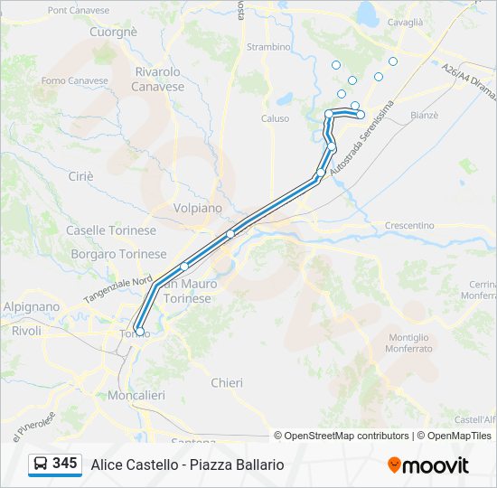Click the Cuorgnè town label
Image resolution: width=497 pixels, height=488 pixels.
coord(113,32)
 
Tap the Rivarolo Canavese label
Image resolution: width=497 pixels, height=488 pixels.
coord(158,80)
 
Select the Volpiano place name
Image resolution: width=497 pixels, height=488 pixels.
coord(197,208)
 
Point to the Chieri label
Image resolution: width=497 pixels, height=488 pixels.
coord(227,383)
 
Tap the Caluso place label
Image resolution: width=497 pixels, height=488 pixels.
coord(276,118)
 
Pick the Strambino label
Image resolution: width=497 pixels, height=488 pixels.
coord(269,47)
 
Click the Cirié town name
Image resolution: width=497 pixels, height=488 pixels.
coord(80,176)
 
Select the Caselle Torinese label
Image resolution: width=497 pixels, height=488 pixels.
coord(110,230)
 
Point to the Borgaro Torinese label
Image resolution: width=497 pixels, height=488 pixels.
coord(118,255)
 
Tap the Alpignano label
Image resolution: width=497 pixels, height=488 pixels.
coord(33,307)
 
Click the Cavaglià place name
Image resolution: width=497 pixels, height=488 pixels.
coord(406,23)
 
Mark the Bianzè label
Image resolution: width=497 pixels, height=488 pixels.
coord(424,116)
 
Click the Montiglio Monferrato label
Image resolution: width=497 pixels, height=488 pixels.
coord(408,343)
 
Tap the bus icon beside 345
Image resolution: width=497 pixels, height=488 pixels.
coord(41,464)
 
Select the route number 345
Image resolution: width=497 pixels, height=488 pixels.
coord(64,464)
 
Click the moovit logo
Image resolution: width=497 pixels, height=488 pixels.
coord(428,465)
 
